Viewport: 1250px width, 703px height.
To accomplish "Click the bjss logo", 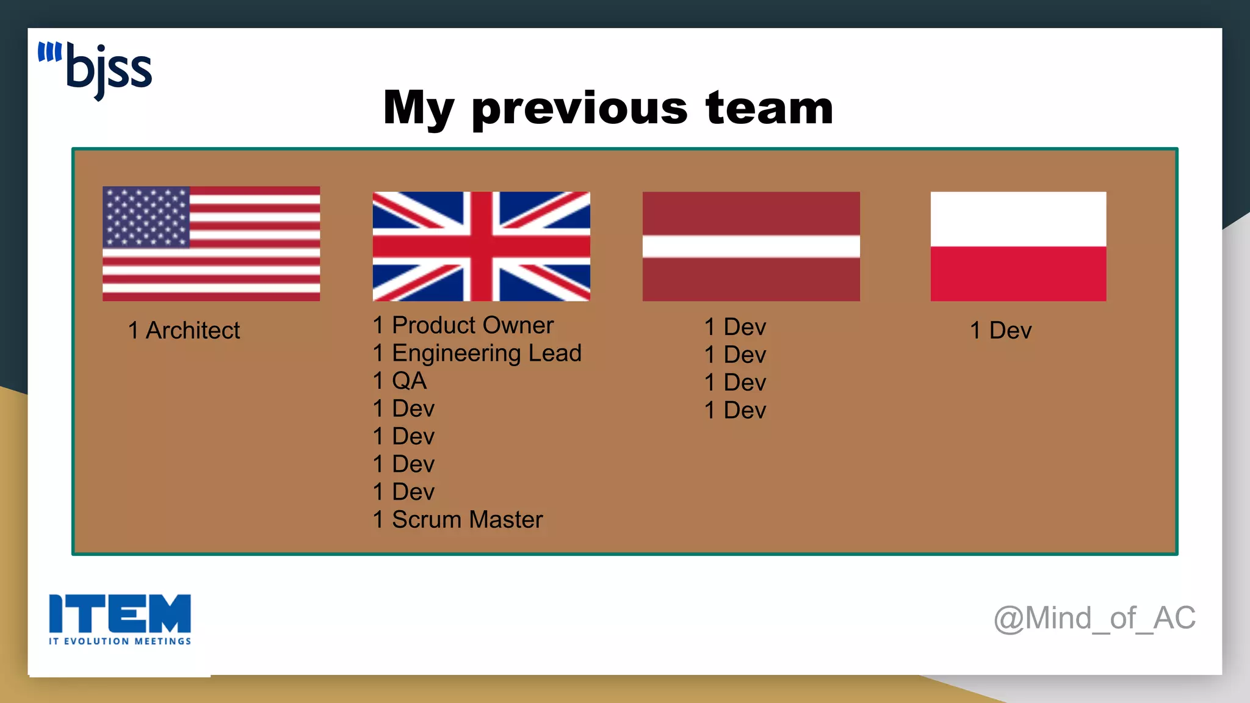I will (96, 70).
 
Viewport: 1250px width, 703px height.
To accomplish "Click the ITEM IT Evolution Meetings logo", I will (120, 619).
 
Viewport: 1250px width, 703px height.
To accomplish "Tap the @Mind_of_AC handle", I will (1094, 618).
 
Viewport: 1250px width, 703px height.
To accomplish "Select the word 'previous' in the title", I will (579, 109).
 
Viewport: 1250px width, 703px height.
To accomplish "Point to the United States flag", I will (211, 243).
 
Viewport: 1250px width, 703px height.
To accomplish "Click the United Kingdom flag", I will (481, 246).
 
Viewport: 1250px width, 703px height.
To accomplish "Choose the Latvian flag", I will (751, 246).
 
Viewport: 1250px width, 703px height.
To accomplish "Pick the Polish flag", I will (1018, 246).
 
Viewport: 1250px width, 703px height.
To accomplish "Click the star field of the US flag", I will (146, 217).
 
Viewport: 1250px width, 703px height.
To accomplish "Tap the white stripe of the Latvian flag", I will (751, 246).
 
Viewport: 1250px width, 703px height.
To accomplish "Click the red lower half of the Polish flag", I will (1018, 273).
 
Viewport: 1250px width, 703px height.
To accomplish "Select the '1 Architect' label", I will (184, 330).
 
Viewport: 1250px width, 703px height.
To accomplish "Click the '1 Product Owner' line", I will (463, 325).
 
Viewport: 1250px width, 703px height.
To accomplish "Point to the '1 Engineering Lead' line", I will (477, 353).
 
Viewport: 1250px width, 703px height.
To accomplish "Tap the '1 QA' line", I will (400, 381).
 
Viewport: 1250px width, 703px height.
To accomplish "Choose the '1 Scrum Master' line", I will (458, 519).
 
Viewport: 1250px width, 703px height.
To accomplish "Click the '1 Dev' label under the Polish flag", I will (1001, 330).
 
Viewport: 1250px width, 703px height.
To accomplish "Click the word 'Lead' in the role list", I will (555, 353).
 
